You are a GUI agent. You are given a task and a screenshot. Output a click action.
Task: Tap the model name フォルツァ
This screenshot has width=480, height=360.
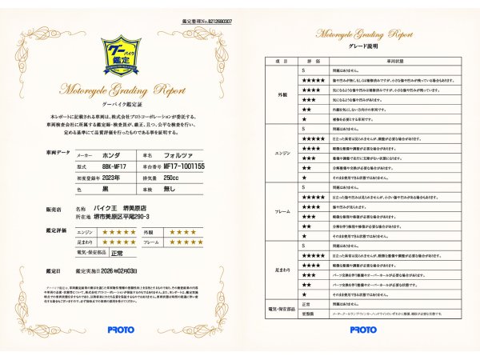(175, 155)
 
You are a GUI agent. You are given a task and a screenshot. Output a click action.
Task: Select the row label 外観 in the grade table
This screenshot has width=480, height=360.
(281, 94)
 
